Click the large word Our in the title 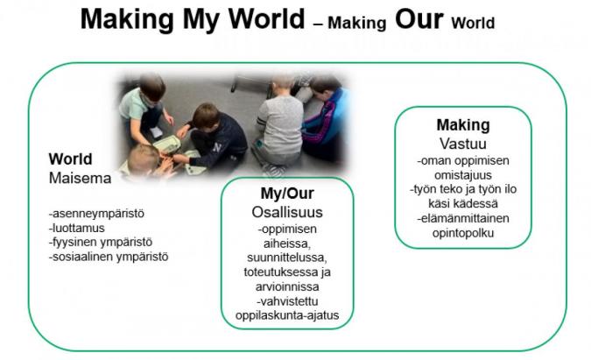(419, 19)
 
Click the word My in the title (202, 19)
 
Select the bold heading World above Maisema (71, 159)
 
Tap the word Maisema (80, 179)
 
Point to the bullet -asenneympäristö (96, 214)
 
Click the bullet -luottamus (76, 228)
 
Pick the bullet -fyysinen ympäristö (101, 243)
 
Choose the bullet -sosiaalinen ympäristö (109, 258)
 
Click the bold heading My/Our (287, 194)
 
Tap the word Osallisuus (287, 212)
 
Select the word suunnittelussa (287, 258)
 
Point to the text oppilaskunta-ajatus (287, 315)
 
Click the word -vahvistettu (287, 301)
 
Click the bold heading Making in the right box (463, 125)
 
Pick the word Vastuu (463, 144)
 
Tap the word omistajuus (463, 175)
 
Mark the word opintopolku (463, 233)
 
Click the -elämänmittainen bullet (463, 218)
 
